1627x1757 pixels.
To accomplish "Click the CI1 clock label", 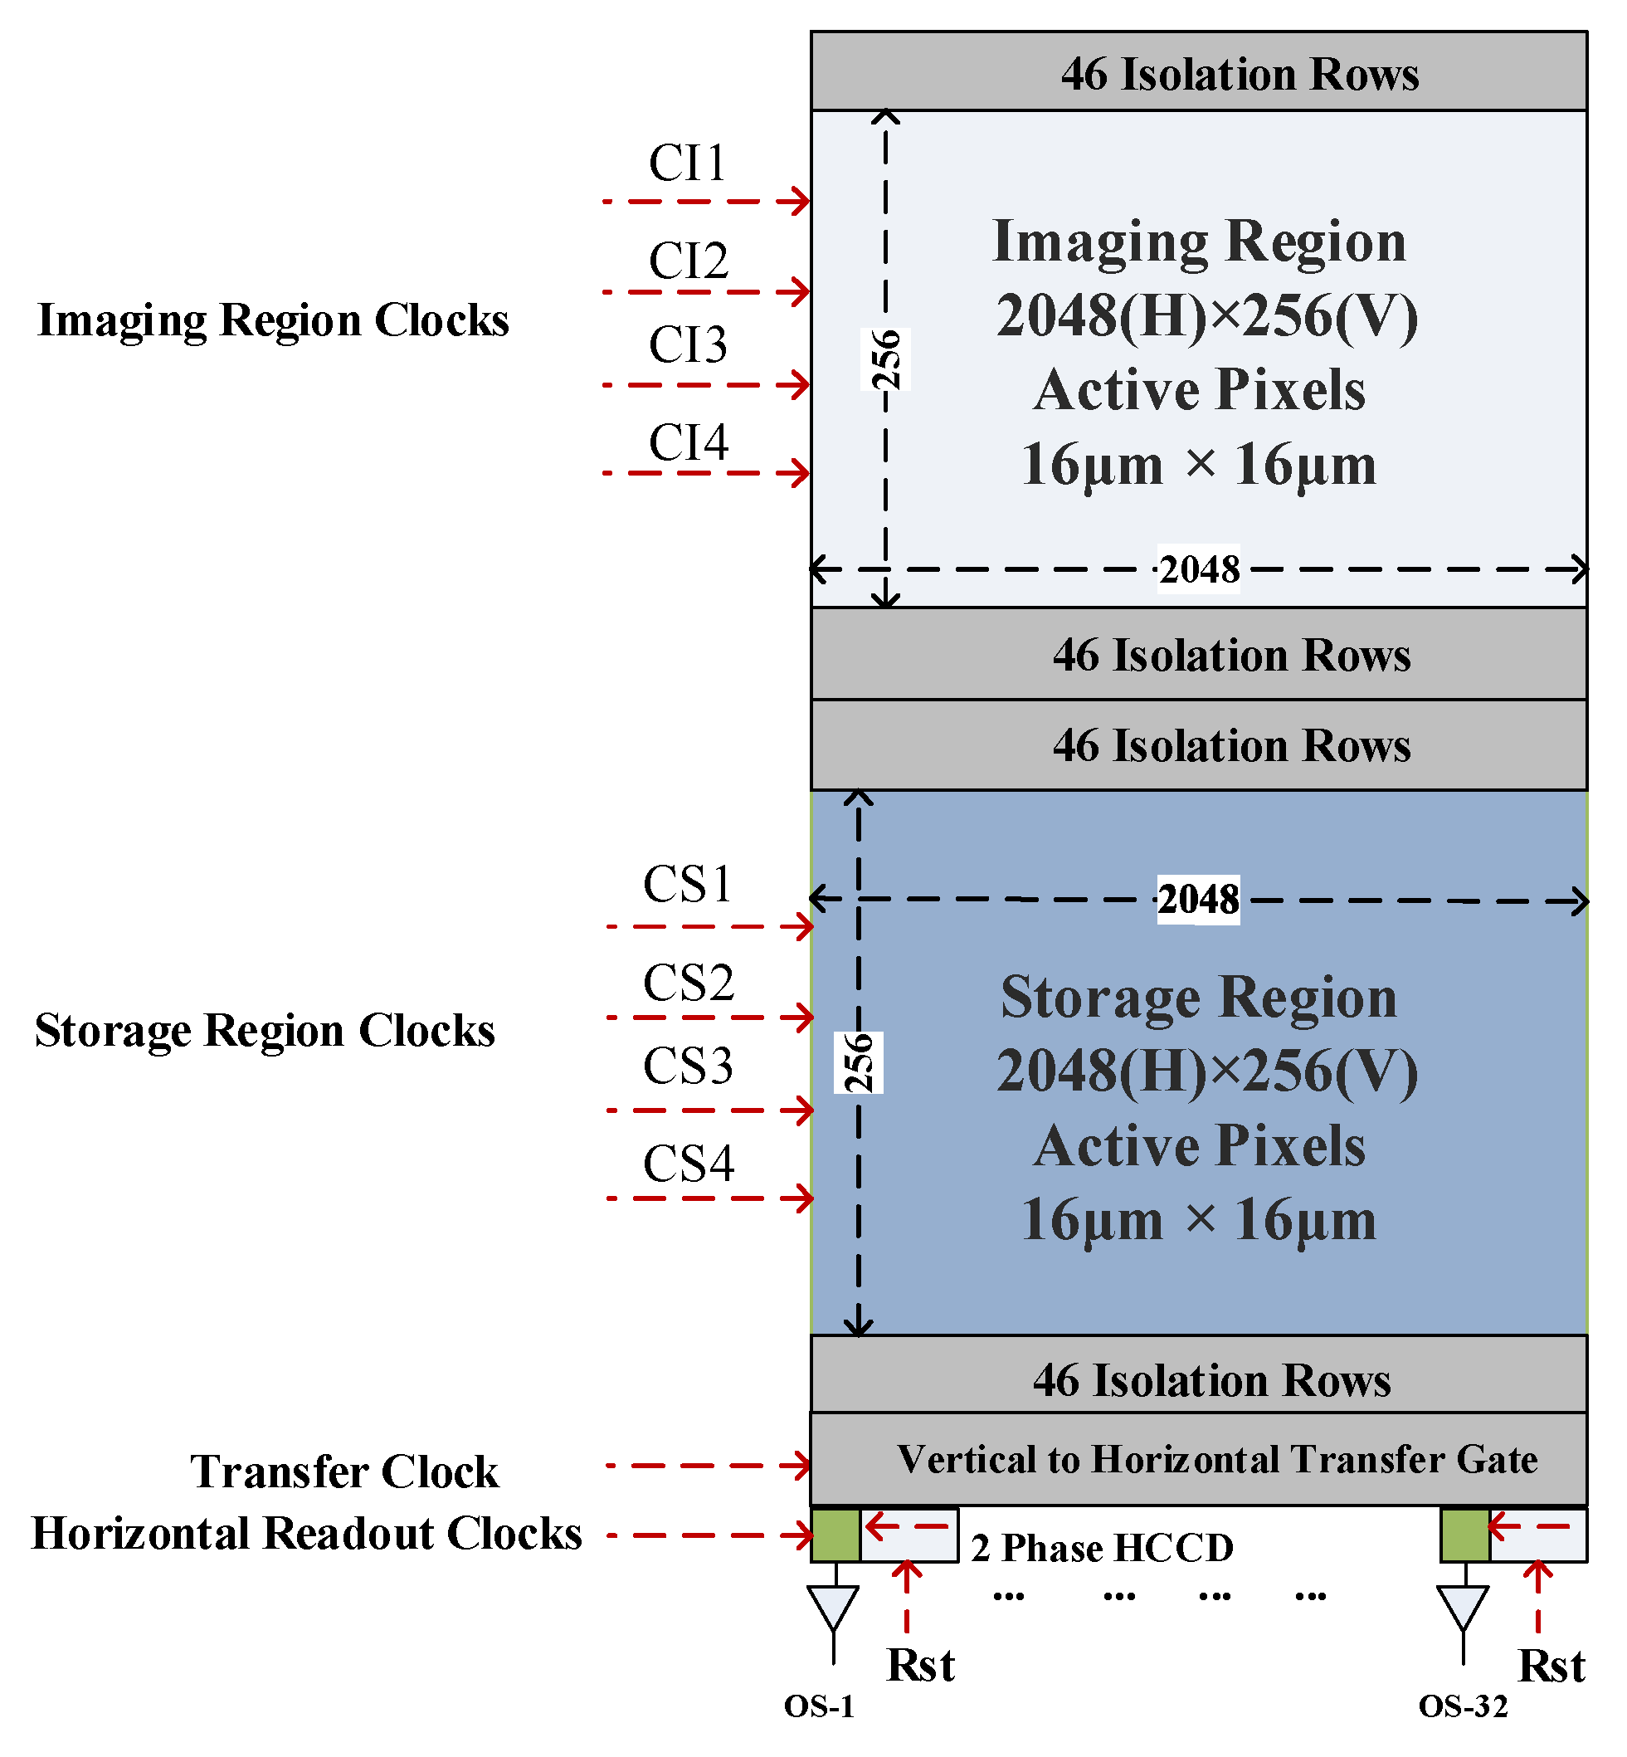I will [x=688, y=163].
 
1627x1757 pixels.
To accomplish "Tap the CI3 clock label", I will [x=688, y=344].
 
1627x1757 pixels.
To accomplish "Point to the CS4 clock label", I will [x=688, y=1164].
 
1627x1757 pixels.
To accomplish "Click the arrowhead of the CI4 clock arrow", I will [x=801, y=473].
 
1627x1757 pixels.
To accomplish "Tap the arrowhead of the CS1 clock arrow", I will [x=804, y=926].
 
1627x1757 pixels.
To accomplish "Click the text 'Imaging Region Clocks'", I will [x=273, y=320].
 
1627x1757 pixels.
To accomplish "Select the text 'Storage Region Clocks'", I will [x=264, y=1031].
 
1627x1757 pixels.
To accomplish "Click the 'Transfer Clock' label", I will [x=344, y=1471].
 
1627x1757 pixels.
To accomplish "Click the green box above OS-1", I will [x=835, y=1535].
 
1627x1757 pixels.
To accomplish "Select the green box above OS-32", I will [x=1465, y=1535].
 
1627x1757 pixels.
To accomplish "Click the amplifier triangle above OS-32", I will [x=1463, y=1605].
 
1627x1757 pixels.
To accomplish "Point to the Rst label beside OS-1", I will [x=920, y=1665].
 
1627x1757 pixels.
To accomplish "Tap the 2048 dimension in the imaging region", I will [x=1198, y=570].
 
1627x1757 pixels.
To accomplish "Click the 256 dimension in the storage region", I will [x=859, y=1062].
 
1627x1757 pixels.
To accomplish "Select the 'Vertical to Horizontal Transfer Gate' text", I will [x=1217, y=1459].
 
